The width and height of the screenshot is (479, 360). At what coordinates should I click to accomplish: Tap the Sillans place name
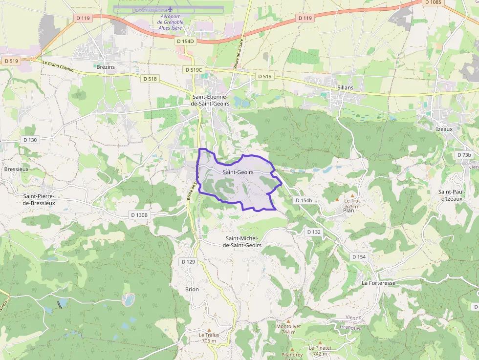pyautogui.click(x=345, y=87)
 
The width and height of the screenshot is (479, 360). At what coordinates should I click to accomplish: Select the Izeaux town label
pyautogui.click(x=444, y=129)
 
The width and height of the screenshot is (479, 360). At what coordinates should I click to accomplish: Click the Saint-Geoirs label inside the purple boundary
pyautogui.click(x=238, y=172)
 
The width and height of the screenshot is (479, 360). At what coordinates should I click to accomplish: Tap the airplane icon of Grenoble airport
pyautogui.click(x=170, y=9)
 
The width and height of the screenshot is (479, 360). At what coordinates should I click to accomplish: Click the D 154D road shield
pyautogui.click(x=185, y=42)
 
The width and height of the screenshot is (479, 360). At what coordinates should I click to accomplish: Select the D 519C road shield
pyautogui.click(x=194, y=70)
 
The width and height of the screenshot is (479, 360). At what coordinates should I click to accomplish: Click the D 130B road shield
pyautogui.click(x=139, y=215)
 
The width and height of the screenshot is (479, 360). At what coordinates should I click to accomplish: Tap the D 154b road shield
pyautogui.click(x=304, y=201)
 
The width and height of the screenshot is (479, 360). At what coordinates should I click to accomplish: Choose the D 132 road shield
pyautogui.click(x=313, y=232)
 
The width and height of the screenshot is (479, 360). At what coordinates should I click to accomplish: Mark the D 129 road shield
pyautogui.click(x=188, y=262)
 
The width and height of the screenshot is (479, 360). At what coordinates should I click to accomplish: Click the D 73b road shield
pyautogui.click(x=464, y=155)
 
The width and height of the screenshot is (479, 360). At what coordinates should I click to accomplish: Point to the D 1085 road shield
pyautogui.click(x=433, y=2)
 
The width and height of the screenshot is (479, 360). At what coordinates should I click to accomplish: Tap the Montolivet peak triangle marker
pyautogui.click(x=288, y=321)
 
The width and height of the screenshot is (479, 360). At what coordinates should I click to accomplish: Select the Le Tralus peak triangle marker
pyautogui.click(x=209, y=330)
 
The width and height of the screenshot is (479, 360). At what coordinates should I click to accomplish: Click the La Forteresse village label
pyautogui.click(x=378, y=283)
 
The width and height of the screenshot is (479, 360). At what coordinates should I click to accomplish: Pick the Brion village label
pyautogui.click(x=192, y=289)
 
